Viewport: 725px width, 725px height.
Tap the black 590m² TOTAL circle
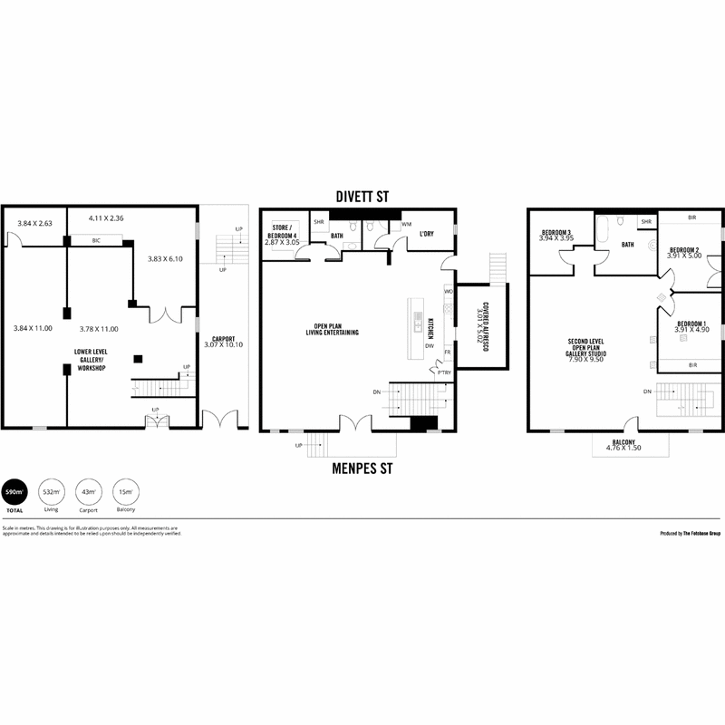[14, 494]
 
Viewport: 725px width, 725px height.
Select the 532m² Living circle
[52, 494]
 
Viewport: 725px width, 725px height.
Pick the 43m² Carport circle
[88, 494]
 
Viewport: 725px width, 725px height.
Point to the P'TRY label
[443, 372]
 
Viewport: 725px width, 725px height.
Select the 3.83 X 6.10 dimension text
[166, 259]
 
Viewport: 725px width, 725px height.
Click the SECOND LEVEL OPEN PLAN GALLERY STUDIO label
[585, 350]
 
